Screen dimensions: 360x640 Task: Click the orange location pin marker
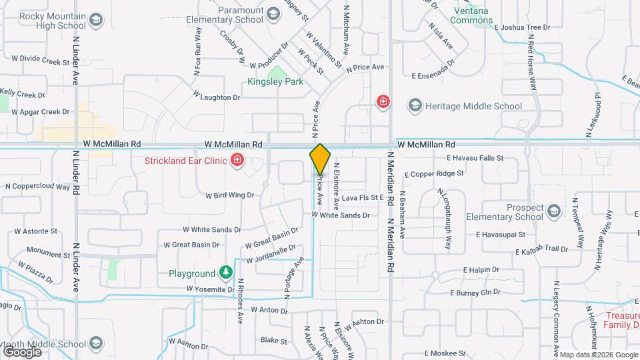tap(320, 159)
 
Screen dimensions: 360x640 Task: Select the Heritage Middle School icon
tap(415, 105)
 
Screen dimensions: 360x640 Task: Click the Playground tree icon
tap(226, 273)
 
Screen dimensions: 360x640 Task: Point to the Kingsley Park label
tap(275, 82)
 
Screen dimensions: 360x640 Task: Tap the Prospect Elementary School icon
tap(553, 212)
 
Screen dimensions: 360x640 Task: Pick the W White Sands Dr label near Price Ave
tap(341, 215)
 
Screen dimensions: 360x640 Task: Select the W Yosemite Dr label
tap(211, 289)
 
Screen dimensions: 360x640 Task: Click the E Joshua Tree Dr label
tap(523, 28)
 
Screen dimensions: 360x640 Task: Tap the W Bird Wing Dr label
tap(231, 195)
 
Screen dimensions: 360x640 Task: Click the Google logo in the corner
tap(22, 351)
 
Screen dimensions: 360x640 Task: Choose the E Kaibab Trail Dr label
tap(541, 249)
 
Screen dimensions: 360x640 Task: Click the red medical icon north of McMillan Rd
tap(383, 101)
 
